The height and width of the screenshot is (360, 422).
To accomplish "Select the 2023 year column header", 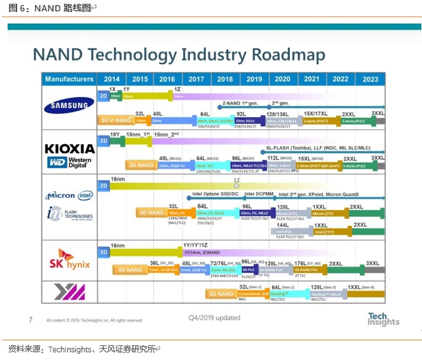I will click(371, 79).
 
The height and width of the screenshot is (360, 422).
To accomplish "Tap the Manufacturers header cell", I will click(69, 79).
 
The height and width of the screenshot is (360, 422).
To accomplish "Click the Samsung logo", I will click(69, 106).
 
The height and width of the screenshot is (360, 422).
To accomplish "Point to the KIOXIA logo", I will click(69, 148).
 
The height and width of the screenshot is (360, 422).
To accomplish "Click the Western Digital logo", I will click(69, 162).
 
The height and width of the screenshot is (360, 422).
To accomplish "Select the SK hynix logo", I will click(69, 260).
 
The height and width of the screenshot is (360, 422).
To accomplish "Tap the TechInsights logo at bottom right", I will click(383, 319).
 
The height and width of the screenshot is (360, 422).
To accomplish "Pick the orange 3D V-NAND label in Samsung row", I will click(115, 120).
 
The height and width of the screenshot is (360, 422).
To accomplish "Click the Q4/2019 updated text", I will click(214, 317).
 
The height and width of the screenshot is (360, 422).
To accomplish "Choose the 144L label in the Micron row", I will click(283, 225).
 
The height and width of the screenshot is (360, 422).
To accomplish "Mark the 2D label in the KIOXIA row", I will click(103, 140).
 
